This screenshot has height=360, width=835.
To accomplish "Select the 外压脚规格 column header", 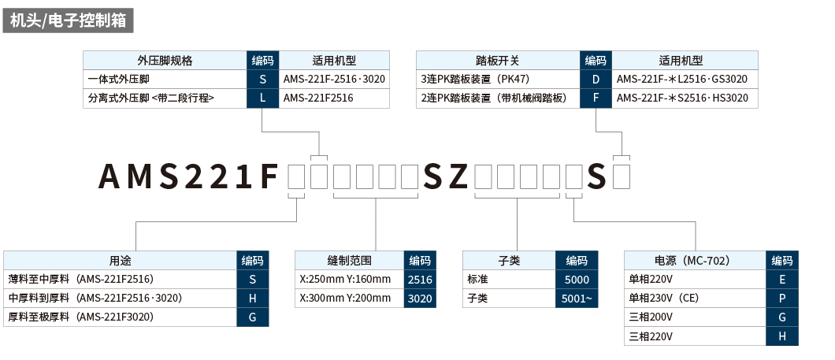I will [x=165, y=60].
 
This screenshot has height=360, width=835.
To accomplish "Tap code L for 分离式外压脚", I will [x=262, y=98].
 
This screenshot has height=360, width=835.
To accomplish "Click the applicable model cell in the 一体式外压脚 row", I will [x=334, y=80].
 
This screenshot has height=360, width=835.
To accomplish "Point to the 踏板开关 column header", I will [x=497, y=60].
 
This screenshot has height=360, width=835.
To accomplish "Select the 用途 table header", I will [x=121, y=261].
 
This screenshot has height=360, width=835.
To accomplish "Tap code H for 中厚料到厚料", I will [x=253, y=299].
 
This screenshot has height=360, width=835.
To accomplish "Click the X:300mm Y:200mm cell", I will [x=347, y=299].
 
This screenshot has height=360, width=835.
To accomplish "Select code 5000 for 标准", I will [x=577, y=280].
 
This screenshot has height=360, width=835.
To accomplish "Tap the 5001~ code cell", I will [x=577, y=299].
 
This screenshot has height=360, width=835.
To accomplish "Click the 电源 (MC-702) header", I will [x=694, y=261].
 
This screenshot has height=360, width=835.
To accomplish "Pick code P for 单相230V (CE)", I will [x=782, y=299].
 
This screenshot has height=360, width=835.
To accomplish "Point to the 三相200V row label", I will [x=651, y=317].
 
